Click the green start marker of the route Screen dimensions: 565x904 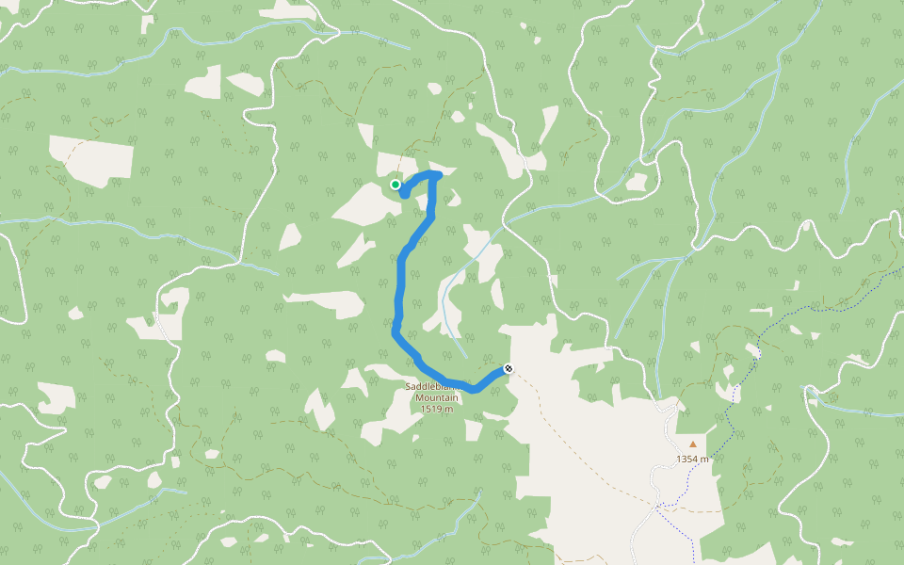tap(395, 185)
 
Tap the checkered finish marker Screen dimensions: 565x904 tap(508, 368)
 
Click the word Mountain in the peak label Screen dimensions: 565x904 tap(437, 397)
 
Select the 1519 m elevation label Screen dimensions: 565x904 tap(437, 409)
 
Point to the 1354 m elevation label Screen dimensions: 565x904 tap(692, 459)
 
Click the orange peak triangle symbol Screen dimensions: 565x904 tap(693, 444)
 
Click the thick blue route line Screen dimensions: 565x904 tap(400, 282)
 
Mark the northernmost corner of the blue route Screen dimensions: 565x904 tap(436, 174)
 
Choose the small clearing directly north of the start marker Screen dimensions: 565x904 tap(393, 160)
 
